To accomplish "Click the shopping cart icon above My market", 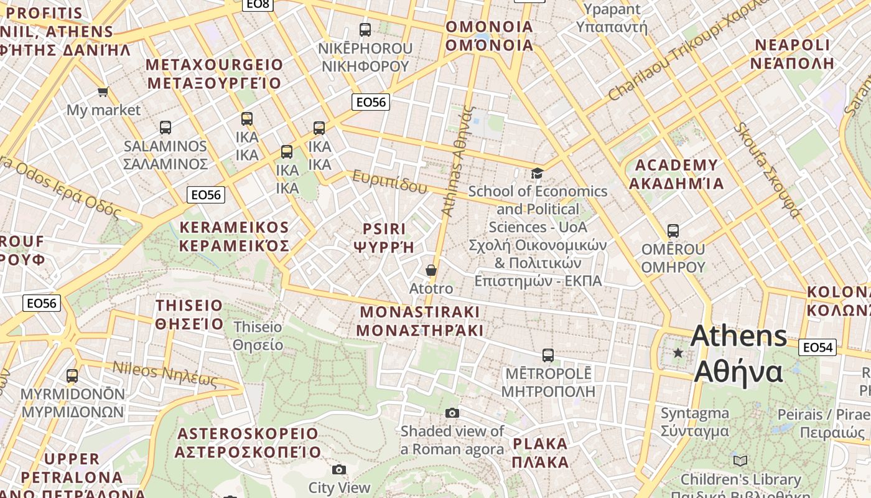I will point(103,92).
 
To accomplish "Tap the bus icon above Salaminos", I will point(165,128).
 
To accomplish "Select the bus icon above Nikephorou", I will point(365,29).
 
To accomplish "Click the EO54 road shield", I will point(817,347).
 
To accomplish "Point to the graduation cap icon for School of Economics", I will point(537,173).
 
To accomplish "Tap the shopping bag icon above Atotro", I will point(431,270).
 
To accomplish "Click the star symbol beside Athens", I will point(678,353).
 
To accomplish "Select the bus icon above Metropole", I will point(547,355).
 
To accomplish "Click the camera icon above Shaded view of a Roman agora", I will point(452,413).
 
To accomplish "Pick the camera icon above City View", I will point(339,469).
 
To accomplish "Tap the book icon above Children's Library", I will point(740,461).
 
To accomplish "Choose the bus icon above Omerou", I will point(673,231).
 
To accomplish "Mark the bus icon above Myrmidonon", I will point(72,376).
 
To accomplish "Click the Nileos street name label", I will point(165,374).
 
